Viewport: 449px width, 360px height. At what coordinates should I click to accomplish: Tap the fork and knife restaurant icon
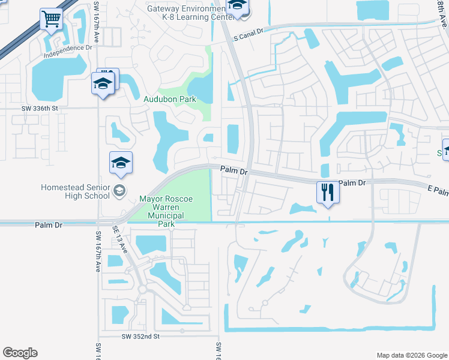click(x=327, y=192)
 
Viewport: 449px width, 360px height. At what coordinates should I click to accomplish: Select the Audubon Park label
click(x=170, y=99)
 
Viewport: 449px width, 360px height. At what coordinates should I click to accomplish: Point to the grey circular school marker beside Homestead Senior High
click(x=119, y=191)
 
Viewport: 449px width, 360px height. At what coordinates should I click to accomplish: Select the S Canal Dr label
click(x=249, y=36)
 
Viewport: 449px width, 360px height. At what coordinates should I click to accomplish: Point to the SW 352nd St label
click(x=140, y=337)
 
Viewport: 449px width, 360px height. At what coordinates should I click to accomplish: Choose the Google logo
click(x=20, y=353)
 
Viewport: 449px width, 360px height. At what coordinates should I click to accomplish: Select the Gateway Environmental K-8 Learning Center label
click(x=190, y=13)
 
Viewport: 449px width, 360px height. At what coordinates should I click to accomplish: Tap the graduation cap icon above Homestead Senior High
click(x=121, y=163)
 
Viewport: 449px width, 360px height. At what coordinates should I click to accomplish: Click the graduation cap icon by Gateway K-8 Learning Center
click(x=237, y=7)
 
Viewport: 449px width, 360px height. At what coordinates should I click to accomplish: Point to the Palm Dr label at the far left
click(x=49, y=225)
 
